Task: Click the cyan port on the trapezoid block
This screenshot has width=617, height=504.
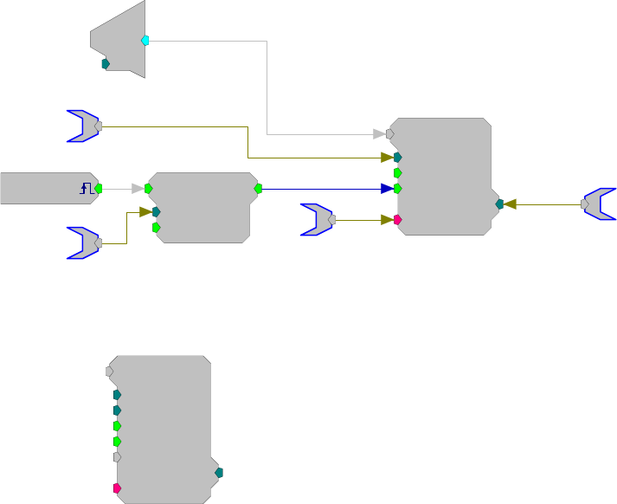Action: tap(145, 41)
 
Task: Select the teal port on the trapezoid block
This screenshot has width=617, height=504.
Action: tap(106, 63)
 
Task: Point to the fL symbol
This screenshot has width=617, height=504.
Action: tap(86, 188)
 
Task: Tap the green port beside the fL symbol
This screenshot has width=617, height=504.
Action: tap(99, 188)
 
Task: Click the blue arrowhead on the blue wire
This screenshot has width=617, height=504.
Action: tap(386, 188)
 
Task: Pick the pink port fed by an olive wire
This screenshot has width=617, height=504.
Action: tap(397, 220)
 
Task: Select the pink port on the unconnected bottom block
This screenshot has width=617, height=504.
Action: tap(117, 488)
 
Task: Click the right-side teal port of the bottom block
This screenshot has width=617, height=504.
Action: tap(219, 472)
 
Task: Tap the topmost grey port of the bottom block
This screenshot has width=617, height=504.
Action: tap(109, 371)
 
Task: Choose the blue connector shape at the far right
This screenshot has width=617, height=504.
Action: tap(599, 204)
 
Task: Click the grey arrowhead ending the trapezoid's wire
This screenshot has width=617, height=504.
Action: tap(379, 134)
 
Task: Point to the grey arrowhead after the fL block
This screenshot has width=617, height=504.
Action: tap(138, 188)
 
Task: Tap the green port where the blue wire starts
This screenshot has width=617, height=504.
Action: tap(258, 188)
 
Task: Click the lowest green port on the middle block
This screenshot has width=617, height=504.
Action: tap(156, 228)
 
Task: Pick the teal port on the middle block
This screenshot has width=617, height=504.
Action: tap(157, 211)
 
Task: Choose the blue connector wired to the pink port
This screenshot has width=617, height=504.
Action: tap(318, 220)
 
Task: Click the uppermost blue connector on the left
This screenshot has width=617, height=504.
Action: tap(84, 126)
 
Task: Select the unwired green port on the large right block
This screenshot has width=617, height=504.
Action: tap(397, 172)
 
